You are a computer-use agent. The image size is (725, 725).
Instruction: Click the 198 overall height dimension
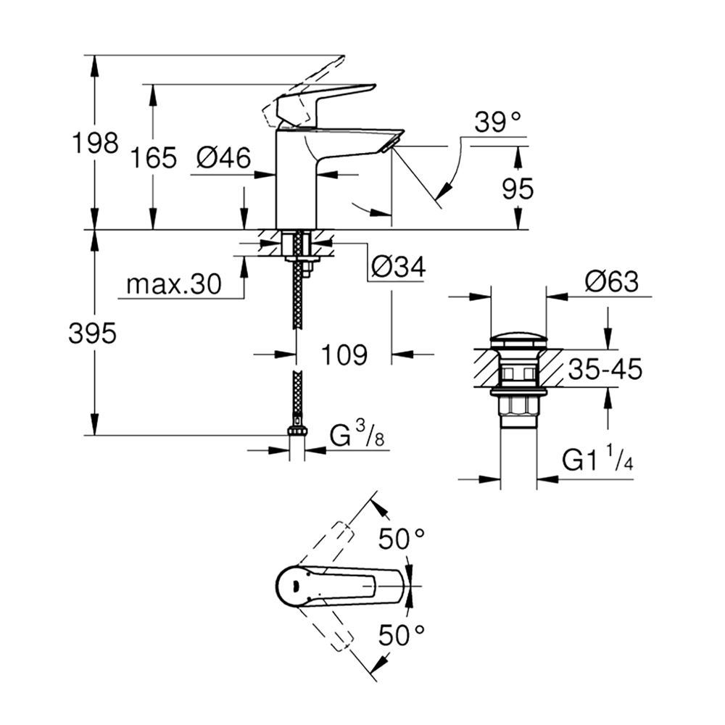tap(95, 143)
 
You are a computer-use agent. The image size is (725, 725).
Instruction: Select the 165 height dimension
tap(153, 157)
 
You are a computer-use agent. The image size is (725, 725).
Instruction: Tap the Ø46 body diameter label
tap(223, 157)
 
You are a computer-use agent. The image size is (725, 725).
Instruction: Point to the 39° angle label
tap(497, 122)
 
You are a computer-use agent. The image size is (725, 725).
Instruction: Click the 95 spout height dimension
tap(518, 188)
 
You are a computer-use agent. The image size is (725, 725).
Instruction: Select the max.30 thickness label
tap(174, 284)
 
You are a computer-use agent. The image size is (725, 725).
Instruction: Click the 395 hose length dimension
tap(92, 333)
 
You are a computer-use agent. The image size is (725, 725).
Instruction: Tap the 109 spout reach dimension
tap(344, 355)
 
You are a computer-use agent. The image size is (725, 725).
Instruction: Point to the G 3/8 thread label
tap(357, 436)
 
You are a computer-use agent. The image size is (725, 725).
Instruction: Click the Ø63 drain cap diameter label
tap(612, 281)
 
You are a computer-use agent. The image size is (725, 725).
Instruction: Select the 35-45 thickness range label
tap(605, 369)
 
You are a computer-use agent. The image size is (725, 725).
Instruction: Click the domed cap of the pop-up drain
tap(518, 339)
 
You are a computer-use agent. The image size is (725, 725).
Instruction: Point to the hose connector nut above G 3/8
tap(297, 431)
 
